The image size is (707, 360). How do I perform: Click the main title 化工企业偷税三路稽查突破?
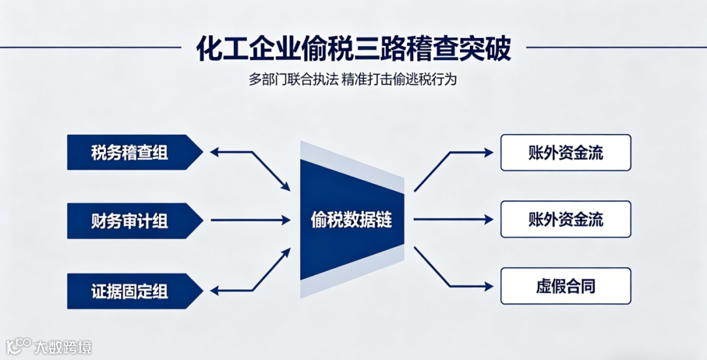[x=353, y=49]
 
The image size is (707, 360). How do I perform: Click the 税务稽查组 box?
[x=131, y=153]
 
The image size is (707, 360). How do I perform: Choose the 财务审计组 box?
[x=131, y=221]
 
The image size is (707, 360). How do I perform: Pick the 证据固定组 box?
[x=131, y=291]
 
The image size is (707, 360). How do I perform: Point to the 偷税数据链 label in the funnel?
[x=351, y=220]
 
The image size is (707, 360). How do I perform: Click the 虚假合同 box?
[x=566, y=286]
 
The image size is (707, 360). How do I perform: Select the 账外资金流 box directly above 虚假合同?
[x=566, y=219]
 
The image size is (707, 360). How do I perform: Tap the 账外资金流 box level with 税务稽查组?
[x=566, y=153]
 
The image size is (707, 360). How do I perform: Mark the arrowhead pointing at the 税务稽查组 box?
[x=213, y=153]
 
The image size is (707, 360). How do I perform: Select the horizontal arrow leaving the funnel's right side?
[x=452, y=220]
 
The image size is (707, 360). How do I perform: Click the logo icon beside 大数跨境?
[x=20, y=345]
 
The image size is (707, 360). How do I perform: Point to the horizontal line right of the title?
[x=615, y=47]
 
